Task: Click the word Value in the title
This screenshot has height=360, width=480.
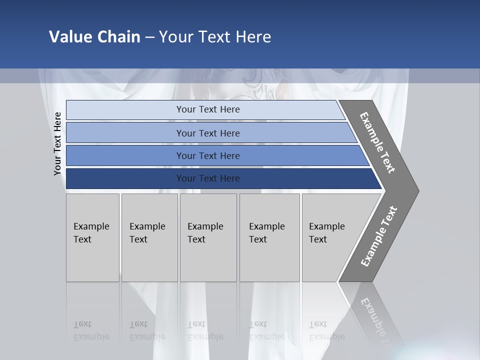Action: click(68, 37)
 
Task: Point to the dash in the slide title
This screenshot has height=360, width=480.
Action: click(149, 37)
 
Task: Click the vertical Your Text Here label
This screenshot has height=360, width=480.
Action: click(58, 143)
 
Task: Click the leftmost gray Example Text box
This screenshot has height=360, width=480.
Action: click(92, 237)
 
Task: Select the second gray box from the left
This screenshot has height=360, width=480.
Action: click(149, 237)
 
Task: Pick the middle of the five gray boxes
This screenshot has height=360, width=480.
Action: click(208, 237)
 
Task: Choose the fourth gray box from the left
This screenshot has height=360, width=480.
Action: click(269, 237)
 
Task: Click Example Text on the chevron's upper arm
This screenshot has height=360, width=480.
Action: click(377, 142)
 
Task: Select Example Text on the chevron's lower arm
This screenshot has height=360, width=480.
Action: click(378, 236)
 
